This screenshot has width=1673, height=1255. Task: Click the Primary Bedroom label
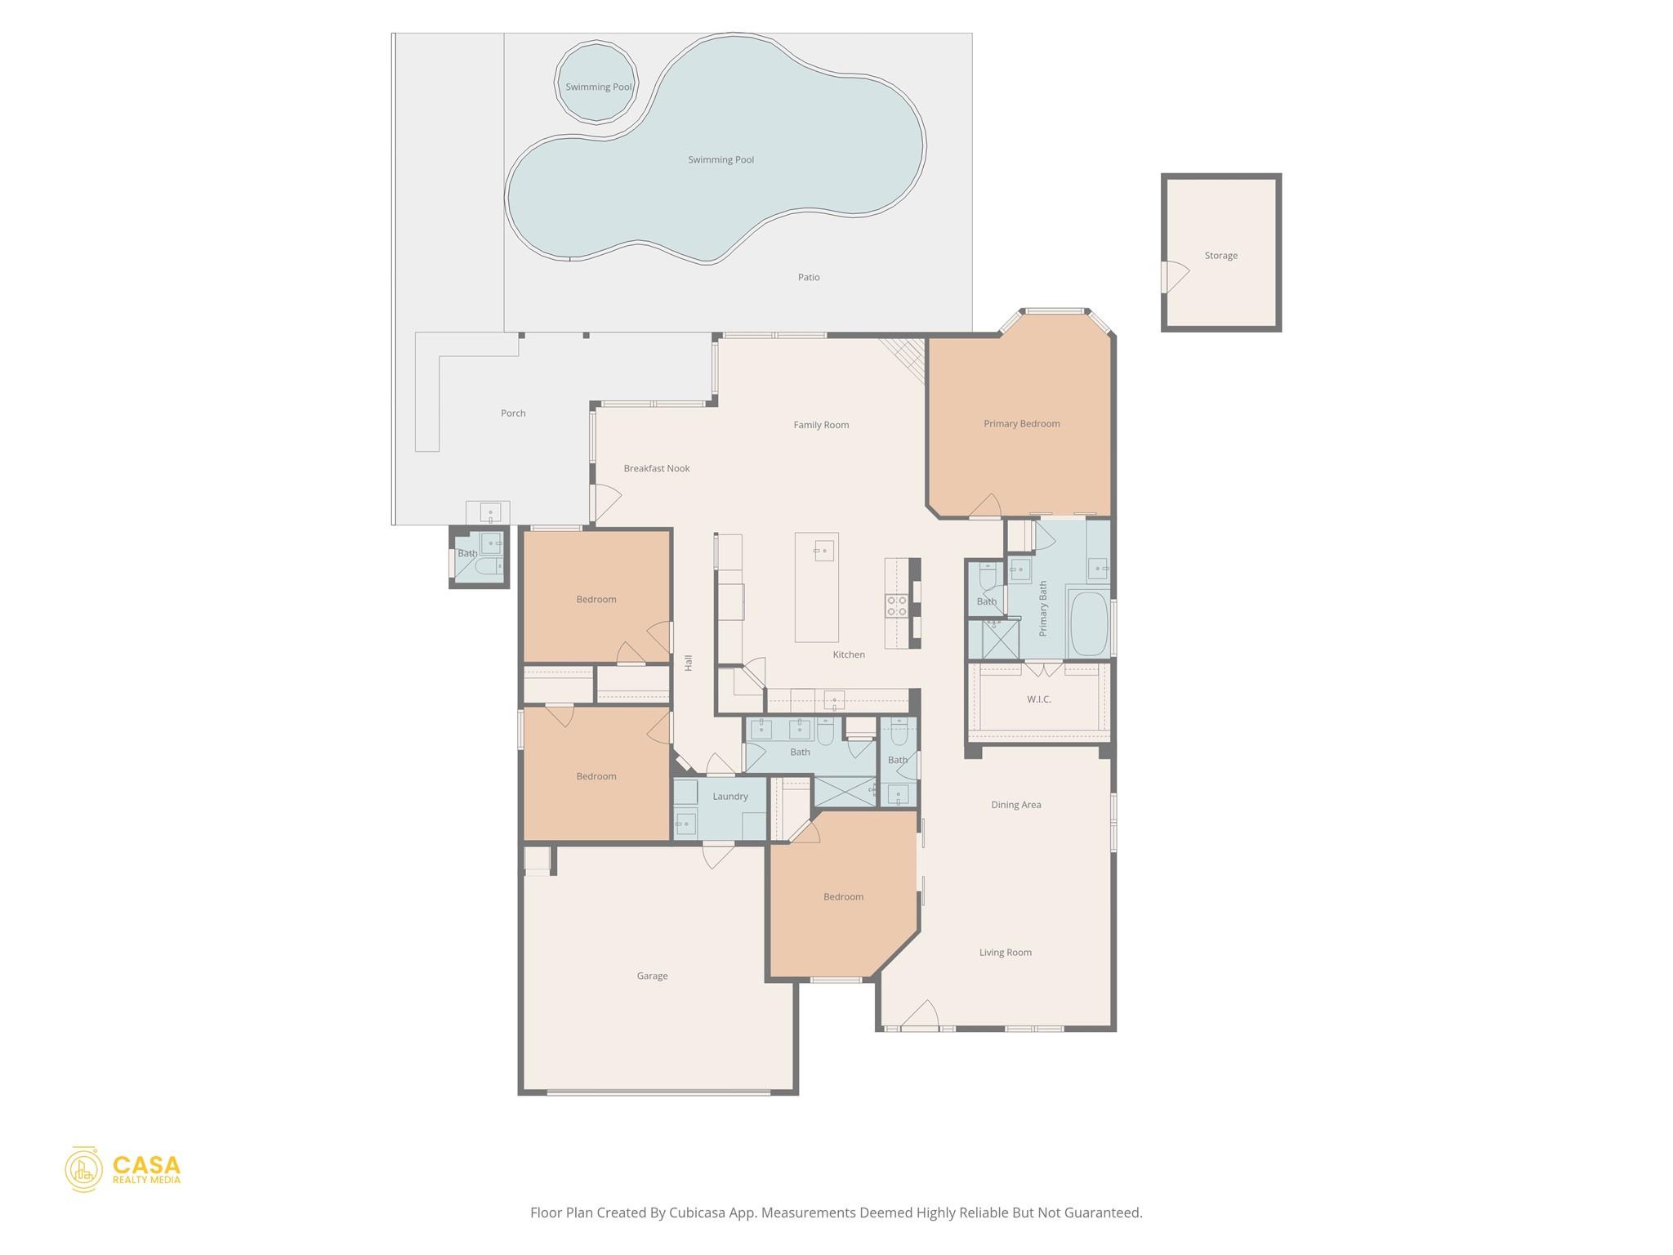pos(1021,423)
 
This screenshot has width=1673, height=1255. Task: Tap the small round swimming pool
pos(596,85)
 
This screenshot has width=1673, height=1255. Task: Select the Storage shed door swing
pos(1175,277)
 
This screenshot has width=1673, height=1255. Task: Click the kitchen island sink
pos(823,551)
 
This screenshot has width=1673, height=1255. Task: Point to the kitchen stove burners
pos(896,605)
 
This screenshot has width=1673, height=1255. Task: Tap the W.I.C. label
pos(1038,699)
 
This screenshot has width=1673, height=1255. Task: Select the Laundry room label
pos(729,797)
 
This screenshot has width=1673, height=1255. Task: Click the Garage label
pos(652,976)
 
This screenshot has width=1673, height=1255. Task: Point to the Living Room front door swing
pos(921,1016)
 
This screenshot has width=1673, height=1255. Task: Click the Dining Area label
pos(1015,805)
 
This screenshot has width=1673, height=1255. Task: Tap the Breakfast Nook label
pos(656,468)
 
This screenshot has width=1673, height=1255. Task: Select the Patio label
pos(808,277)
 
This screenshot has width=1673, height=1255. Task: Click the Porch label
pos(513,413)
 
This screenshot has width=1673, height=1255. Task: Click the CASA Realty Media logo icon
pos(83,1168)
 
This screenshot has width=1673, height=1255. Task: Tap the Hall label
pos(688,663)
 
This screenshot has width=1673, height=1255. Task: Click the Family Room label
pos(821,425)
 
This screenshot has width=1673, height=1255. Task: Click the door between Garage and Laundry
pos(717,855)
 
